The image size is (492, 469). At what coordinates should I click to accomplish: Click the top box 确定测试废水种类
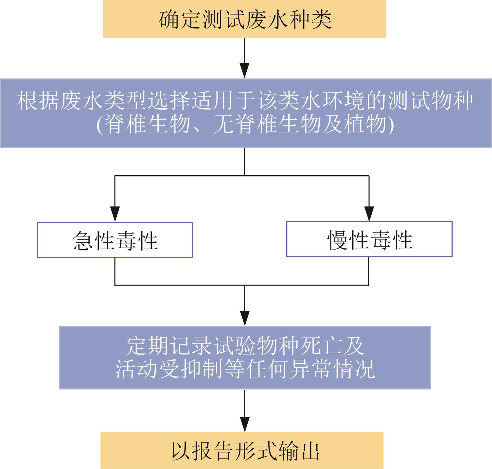pos(244,19)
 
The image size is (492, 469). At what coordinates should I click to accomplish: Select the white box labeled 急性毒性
pos(114,240)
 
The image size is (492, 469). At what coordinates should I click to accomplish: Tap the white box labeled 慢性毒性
pos(369,239)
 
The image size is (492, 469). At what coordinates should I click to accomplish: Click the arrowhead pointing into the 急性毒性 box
pos(114,214)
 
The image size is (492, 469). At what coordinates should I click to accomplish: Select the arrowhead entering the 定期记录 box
pos(244,318)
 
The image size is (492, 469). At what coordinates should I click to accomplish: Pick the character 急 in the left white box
pos(82,240)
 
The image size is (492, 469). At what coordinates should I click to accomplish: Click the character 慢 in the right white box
pos(337,240)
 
